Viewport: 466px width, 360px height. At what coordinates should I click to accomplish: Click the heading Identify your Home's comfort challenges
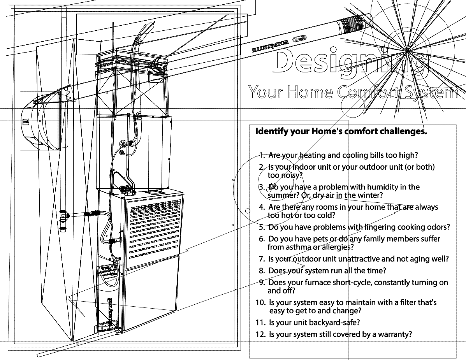(341, 131)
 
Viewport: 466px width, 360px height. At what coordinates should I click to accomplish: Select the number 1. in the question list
(262, 155)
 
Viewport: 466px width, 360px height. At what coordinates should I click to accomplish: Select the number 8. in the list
(262, 271)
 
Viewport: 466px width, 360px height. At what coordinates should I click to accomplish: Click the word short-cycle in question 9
(352, 283)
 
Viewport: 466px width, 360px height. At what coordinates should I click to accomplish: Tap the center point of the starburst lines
(407, 51)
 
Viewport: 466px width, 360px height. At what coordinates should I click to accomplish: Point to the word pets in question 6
(321, 239)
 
